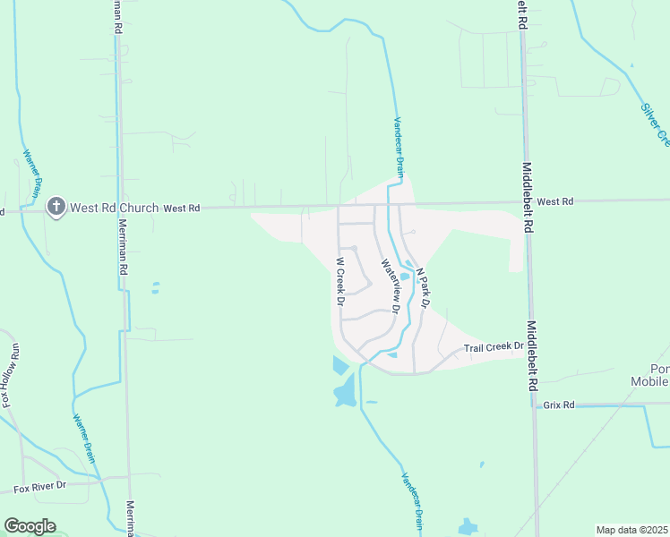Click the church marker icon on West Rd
pyautogui.click(x=56, y=208)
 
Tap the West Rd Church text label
pyautogui.click(x=114, y=208)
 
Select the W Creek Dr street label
pyautogui.click(x=340, y=282)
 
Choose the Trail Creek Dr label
pyautogui.click(x=493, y=348)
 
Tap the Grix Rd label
pyautogui.click(x=557, y=405)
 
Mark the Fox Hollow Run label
pyautogui.click(x=12, y=376)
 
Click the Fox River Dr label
pyautogui.click(x=40, y=486)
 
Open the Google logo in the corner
pyautogui.click(x=30, y=526)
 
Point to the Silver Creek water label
pyautogui.click(x=655, y=123)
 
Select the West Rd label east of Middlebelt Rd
pyautogui.click(x=555, y=202)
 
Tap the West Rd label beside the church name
pyautogui.click(x=181, y=208)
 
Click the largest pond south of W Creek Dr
pyautogui.click(x=345, y=391)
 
